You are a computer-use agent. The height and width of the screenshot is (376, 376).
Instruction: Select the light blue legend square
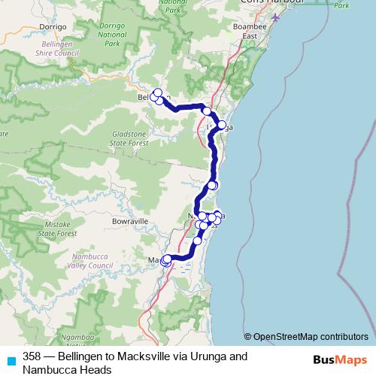point(11,359)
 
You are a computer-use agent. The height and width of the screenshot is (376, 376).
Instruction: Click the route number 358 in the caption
point(32,356)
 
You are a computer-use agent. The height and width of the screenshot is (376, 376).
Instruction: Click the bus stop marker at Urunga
point(221,125)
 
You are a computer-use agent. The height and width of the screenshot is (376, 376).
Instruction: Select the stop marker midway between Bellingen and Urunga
point(207,111)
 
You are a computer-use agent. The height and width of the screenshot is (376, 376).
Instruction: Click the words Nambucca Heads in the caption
point(67,369)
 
